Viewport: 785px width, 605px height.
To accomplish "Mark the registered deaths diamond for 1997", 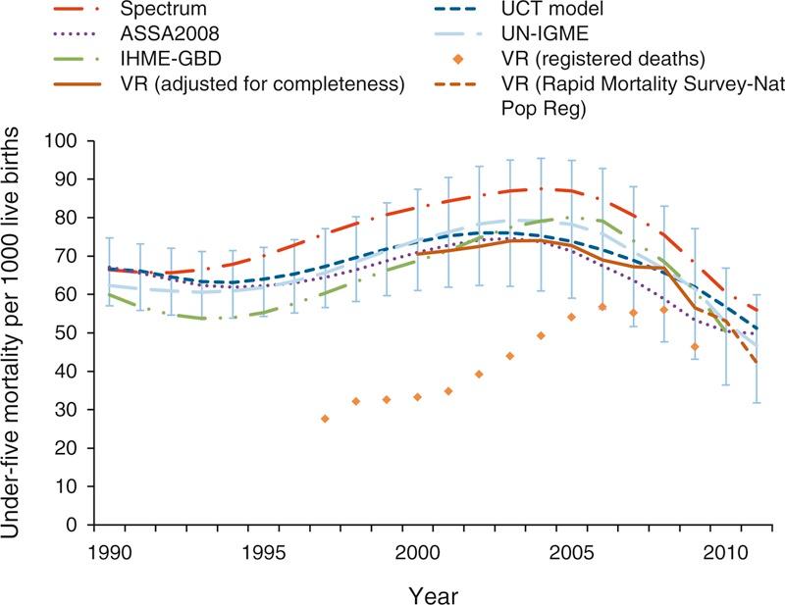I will coord(325,419).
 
